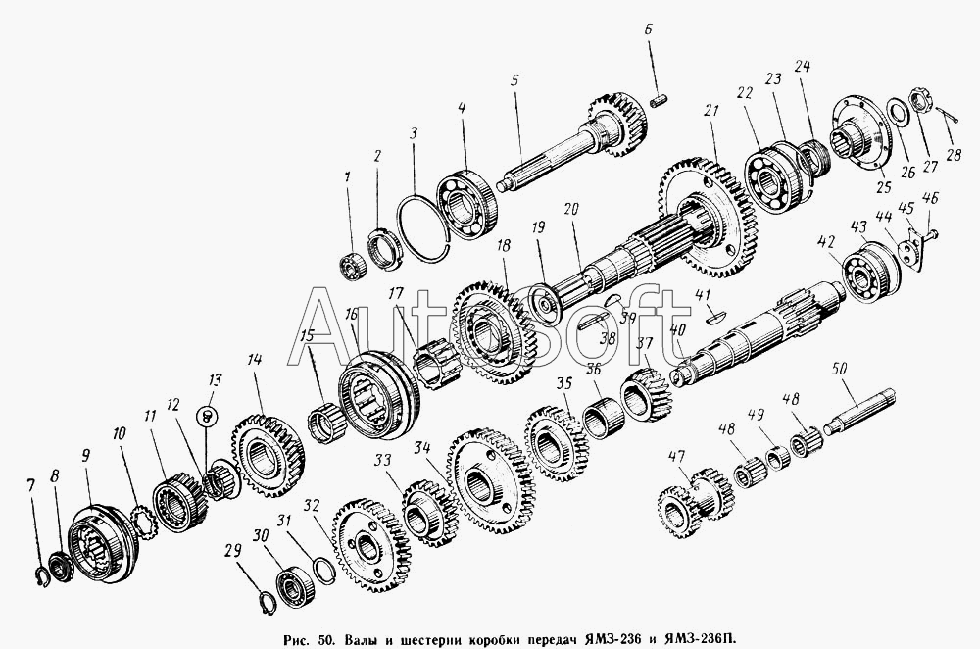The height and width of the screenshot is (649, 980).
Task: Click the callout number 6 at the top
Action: (x=648, y=30)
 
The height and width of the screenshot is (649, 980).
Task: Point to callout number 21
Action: (x=711, y=112)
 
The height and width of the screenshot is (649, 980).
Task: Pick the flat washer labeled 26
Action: (x=899, y=113)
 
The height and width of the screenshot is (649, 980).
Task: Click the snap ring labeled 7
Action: (x=41, y=577)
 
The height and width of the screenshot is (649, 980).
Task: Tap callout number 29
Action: (x=232, y=550)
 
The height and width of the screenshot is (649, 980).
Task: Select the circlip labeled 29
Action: (x=267, y=602)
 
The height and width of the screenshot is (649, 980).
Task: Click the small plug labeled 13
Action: (x=207, y=415)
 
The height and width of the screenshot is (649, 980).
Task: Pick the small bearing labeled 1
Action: (x=353, y=267)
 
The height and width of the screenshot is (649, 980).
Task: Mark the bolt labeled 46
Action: (x=931, y=234)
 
